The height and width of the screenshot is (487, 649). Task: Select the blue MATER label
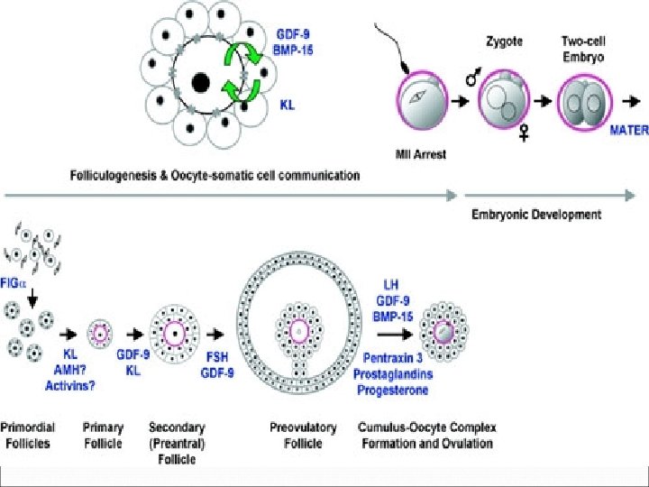point(629,130)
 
